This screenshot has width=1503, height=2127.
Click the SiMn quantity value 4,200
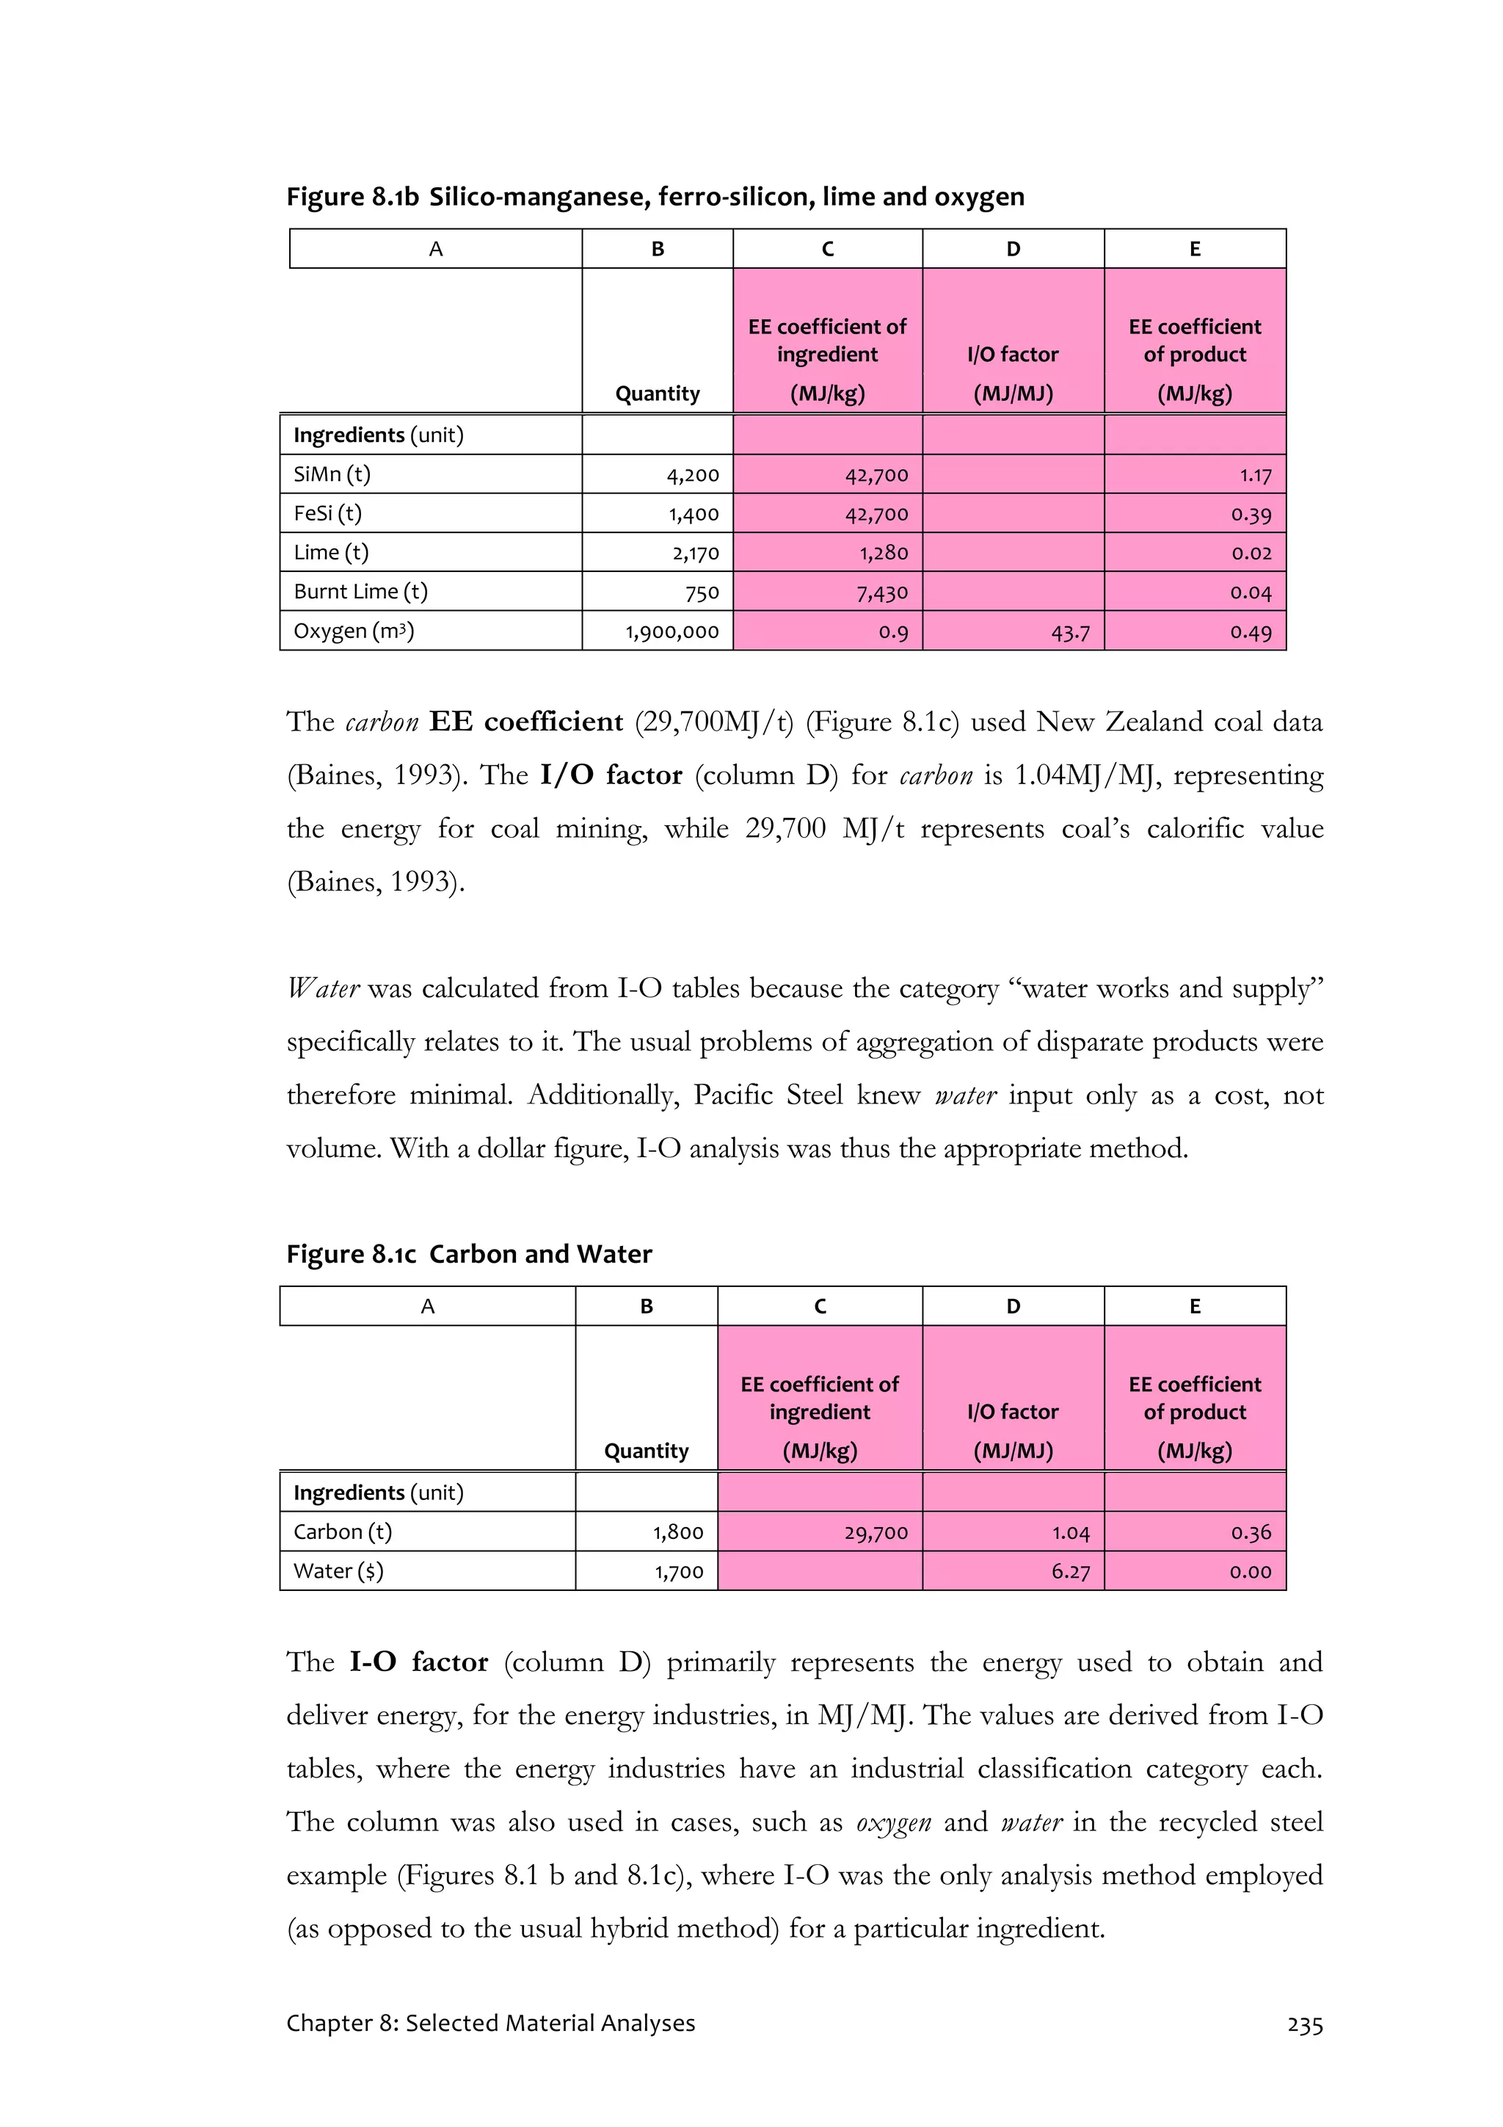click(x=692, y=475)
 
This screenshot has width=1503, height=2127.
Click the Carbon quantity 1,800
click(x=678, y=1532)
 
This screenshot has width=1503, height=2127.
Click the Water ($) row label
click(x=338, y=1571)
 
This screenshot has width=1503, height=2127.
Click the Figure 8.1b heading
click(x=655, y=196)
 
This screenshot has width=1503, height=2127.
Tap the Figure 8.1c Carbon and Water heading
click(x=469, y=1254)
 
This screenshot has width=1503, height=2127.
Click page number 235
click(x=1304, y=2025)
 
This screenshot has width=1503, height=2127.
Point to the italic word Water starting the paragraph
click(x=322, y=988)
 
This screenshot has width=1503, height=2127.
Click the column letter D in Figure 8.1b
click(x=1013, y=249)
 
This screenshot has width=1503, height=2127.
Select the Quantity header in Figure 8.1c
click(x=646, y=1451)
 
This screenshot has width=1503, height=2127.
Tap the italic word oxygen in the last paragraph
click(x=892, y=1822)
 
